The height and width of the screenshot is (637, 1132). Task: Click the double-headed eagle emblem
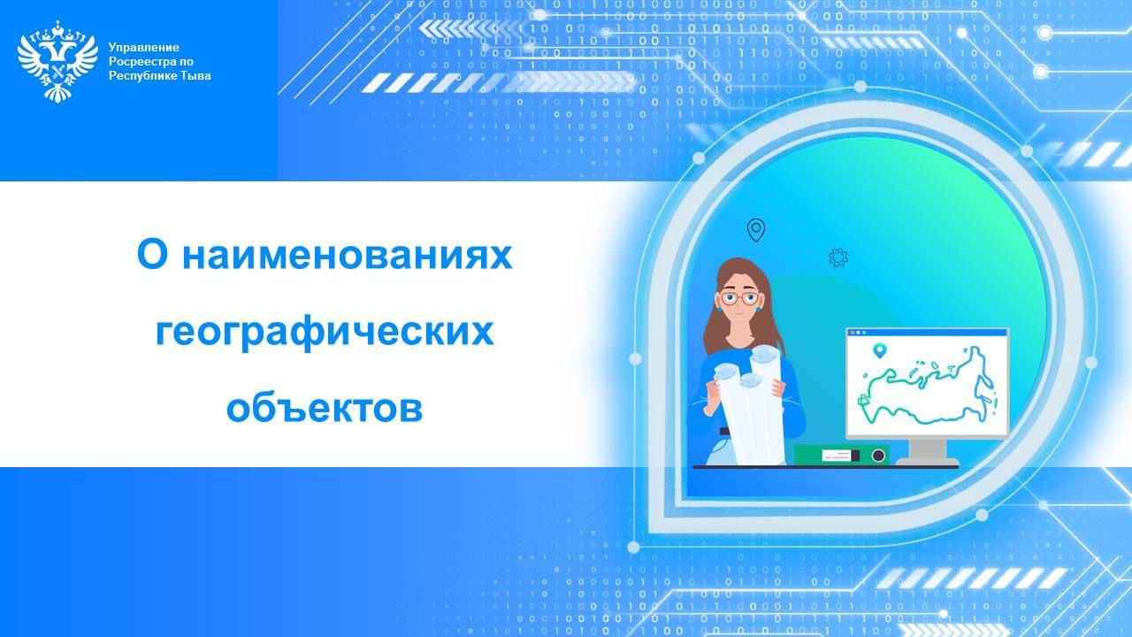click(57, 61)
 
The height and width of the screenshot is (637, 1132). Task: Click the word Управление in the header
click(143, 48)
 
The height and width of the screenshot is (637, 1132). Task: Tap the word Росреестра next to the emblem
click(138, 62)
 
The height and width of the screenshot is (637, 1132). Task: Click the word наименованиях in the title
click(348, 256)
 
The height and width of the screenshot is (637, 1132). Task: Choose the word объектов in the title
click(325, 408)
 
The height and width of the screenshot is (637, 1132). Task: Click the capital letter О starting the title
click(152, 255)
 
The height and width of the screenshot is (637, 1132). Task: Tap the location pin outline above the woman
click(756, 230)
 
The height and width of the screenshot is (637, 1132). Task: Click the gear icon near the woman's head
click(838, 257)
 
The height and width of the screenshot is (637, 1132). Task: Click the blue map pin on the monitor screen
click(880, 350)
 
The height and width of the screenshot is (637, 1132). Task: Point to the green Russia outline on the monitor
click(928, 386)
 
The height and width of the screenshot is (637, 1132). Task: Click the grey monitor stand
click(928, 452)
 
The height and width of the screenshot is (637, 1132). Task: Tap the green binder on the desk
click(841, 455)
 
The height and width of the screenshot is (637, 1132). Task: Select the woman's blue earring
click(759, 307)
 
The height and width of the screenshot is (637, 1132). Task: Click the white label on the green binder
click(838, 455)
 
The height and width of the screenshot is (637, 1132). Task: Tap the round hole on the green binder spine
click(878, 456)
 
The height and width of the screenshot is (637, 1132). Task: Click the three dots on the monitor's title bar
click(859, 333)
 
